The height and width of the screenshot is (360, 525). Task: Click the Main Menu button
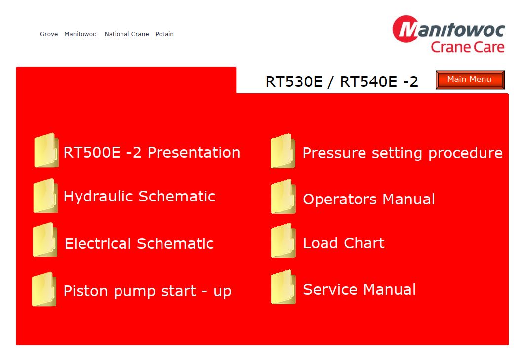pyautogui.click(x=470, y=80)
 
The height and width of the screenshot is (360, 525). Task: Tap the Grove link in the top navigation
pyautogui.click(x=49, y=34)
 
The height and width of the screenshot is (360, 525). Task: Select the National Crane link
pyautogui.click(x=126, y=34)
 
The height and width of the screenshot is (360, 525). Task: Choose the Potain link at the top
pyautogui.click(x=164, y=34)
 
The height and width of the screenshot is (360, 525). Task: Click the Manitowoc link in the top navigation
pyautogui.click(x=80, y=34)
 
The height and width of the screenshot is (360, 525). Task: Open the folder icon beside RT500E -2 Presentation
pyautogui.click(x=46, y=150)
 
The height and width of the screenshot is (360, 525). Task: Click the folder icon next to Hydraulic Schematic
pyautogui.click(x=45, y=196)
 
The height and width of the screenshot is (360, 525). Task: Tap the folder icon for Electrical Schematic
pyautogui.click(x=45, y=240)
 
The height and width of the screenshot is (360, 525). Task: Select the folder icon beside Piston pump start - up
pyautogui.click(x=44, y=289)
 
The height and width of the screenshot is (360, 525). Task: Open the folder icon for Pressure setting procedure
pyautogui.click(x=283, y=151)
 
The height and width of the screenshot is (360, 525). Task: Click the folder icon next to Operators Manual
pyautogui.click(x=283, y=197)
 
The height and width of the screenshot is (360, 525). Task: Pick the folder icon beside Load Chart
pyautogui.click(x=283, y=240)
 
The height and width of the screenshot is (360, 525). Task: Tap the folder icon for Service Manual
pyautogui.click(x=283, y=287)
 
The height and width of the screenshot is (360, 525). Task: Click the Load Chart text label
pyautogui.click(x=344, y=243)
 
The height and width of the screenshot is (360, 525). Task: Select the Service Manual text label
pyautogui.click(x=359, y=290)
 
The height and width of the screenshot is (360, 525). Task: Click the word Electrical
pyautogui.click(x=98, y=243)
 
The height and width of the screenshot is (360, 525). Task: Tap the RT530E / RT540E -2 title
pyautogui.click(x=342, y=81)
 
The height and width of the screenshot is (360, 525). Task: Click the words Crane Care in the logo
pyautogui.click(x=467, y=47)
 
